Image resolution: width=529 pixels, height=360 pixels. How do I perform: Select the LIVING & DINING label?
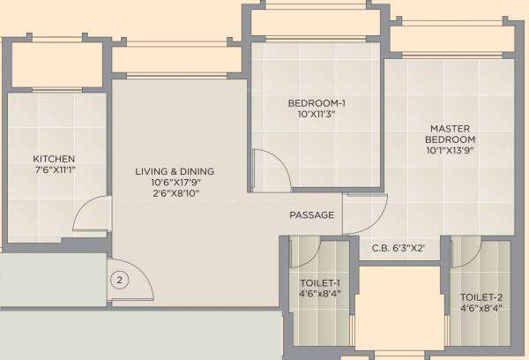[x=175, y=171]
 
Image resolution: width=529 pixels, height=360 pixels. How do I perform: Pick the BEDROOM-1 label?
[x=317, y=104]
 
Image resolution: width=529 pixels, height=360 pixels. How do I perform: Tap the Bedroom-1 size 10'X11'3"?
[x=317, y=115]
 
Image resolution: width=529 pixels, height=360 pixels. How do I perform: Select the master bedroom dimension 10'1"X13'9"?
[x=451, y=151]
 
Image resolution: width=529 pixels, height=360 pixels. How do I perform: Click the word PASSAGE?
[x=312, y=215]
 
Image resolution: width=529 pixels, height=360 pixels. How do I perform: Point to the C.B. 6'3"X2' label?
[x=399, y=248]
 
